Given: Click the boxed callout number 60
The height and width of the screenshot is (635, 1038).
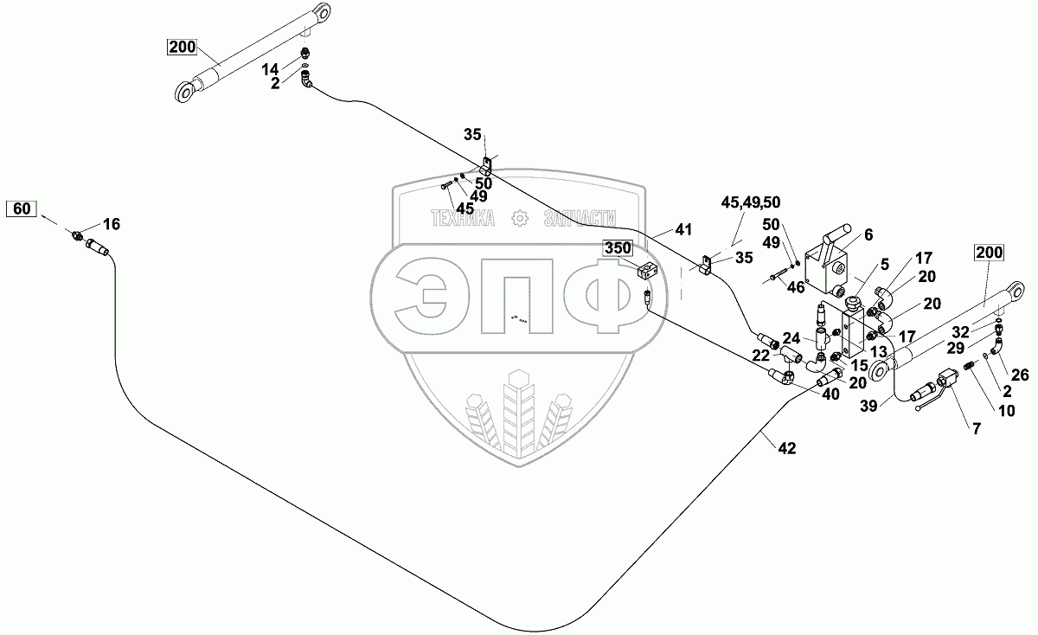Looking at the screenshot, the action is [x=23, y=208].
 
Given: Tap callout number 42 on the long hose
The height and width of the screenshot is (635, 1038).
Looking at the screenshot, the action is [x=786, y=448].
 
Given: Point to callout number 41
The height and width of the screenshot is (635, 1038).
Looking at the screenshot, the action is [x=684, y=230].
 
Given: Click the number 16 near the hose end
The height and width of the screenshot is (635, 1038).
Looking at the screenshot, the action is [x=112, y=224].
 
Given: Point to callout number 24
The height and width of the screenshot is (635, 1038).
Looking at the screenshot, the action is [x=791, y=337].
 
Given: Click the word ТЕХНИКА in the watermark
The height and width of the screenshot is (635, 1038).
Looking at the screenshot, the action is [x=463, y=220].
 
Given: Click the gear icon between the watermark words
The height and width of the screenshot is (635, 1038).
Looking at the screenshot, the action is [x=519, y=220].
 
